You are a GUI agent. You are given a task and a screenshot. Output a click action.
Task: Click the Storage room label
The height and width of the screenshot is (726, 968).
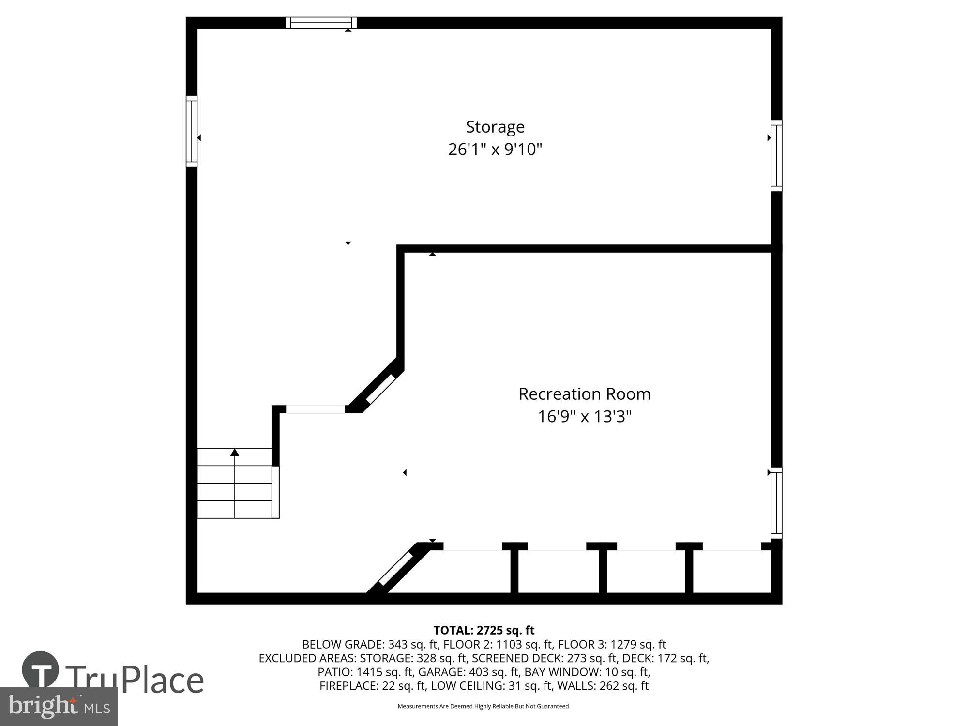pyautogui.click(x=495, y=127)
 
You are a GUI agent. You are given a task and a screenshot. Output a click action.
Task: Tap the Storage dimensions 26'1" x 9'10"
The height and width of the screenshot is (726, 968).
pyautogui.click(x=495, y=150)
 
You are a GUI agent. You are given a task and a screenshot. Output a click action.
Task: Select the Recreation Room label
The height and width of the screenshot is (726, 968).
pyautogui.click(x=584, y=394)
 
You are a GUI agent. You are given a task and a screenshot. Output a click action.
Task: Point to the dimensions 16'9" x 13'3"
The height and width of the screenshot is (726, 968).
pyautogui.click(x=584, y=417)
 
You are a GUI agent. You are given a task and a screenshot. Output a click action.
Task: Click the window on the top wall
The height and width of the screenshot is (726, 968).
pyautogui.click(x=320, y=23)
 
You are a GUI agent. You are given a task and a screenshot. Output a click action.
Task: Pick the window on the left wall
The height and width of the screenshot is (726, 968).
pyautogui.click(x=192, y=131)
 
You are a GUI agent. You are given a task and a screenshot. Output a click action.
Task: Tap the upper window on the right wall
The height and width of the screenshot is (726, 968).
pyautogui.click(x=776, y=155)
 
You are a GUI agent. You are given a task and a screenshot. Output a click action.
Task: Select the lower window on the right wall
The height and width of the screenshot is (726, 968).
pyautogui.click(x=776, y=502)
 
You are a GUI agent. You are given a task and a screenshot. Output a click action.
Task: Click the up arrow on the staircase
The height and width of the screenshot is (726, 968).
pyautogui.click(x=235, y=453)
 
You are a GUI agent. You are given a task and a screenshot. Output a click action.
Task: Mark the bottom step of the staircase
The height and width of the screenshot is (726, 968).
pyautogui.click(x=235, y=510)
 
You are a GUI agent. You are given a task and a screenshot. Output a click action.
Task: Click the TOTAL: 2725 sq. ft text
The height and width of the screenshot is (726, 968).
pyautogui.click(x=484, y=630)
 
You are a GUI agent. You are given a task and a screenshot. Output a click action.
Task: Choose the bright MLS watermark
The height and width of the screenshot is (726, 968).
pyautogui.click(x=59, y=706)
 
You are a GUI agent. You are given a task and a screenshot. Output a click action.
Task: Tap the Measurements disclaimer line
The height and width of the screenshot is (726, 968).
pyautogui.click(x=484, y=706)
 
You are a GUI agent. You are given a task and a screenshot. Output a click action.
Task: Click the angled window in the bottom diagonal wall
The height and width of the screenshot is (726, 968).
pyautogui.click(x=395, y=569)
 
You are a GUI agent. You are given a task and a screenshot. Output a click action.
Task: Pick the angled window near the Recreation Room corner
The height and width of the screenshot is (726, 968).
pyautogui.click(x=381, y=389)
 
